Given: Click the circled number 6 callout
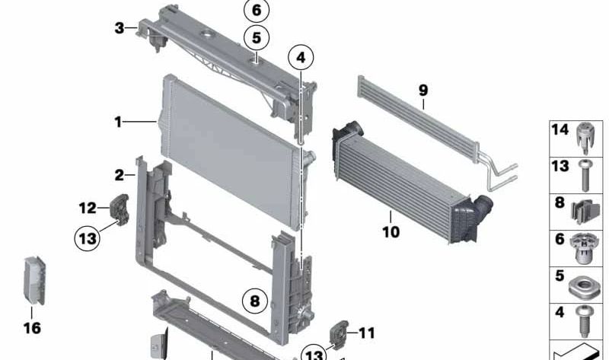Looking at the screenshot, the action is pos(257,10).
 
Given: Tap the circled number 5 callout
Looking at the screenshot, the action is pos(257,38).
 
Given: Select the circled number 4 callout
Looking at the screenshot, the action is pos(301,58).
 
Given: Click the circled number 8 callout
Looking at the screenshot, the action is pos(255,301).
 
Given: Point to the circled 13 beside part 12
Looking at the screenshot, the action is pos(88,237).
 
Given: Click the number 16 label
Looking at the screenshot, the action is pos(32,328).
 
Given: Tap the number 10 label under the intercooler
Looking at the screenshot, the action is pos(391,232).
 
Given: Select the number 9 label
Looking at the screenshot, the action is pos(423,91).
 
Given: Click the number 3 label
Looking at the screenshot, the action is pos(120,28).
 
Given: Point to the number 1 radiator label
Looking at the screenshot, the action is pos(118,123).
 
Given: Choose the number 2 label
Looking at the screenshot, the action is pos(120,175).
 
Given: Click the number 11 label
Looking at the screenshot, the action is pos(367,333).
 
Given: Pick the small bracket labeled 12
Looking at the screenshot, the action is pos(120,210).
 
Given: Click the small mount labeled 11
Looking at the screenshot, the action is pos(339,334).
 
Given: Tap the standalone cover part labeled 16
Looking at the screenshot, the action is pos(35,280).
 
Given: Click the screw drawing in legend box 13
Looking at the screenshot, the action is pos(585,176).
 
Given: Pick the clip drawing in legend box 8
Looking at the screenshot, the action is pos(585,212).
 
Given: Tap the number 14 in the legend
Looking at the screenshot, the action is pos(560,129).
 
